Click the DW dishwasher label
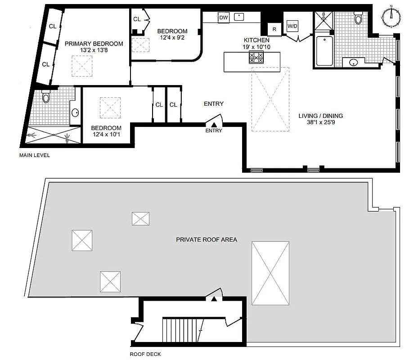click(223, 18)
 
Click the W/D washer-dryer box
click(292, 27)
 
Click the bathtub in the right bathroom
click(324, 51)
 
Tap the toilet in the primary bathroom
click(46, 97)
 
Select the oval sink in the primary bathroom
click(75, 112)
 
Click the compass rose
click(391, 14)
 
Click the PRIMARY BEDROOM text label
click(94, 44)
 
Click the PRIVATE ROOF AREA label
click(207, 239)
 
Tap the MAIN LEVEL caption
click(34, 155)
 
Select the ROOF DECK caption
click(145, 354)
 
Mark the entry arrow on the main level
click(215, 125)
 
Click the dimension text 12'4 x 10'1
click(106, 134)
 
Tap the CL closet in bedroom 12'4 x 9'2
click(136, 19)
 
